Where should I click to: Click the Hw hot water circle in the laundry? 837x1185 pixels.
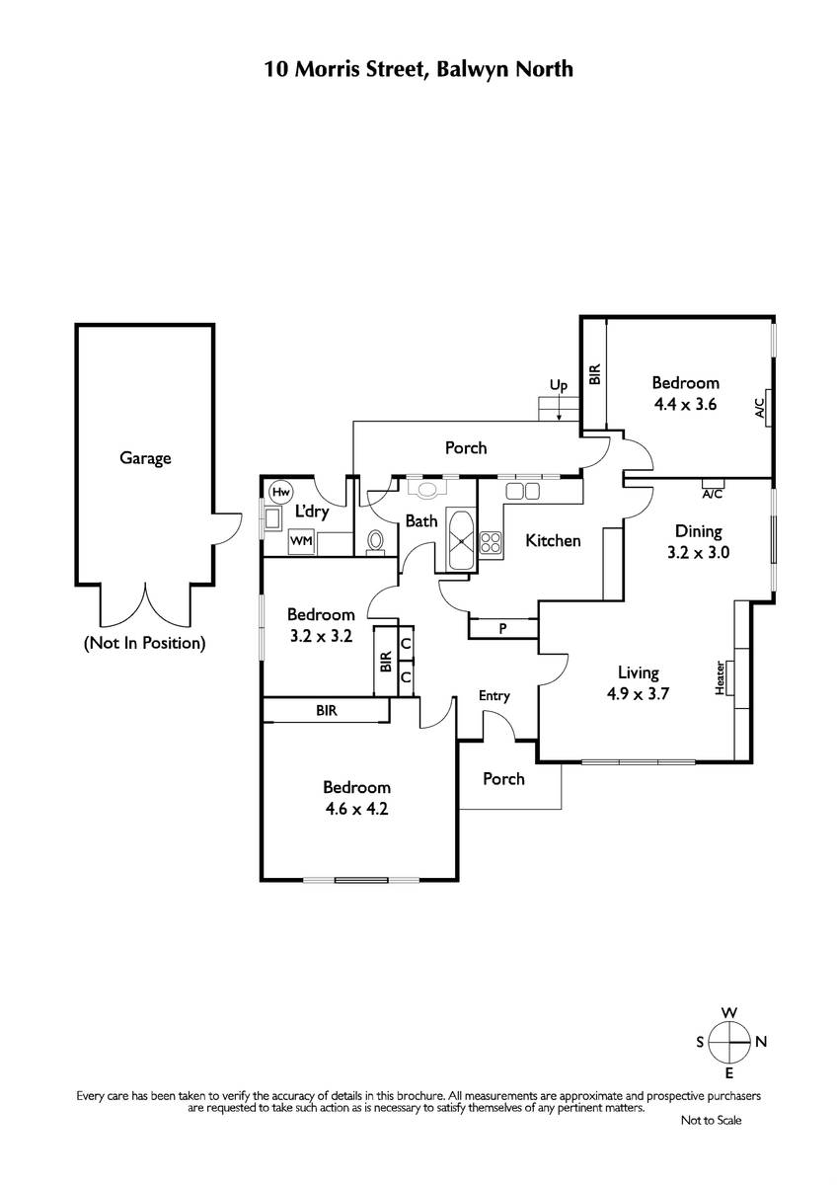pos(280,493)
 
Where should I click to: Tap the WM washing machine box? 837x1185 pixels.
pos(301,542)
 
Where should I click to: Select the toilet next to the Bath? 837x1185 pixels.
pos(376,542)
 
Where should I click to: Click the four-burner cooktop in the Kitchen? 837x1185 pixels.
pos(492,543)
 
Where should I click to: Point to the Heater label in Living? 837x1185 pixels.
pos(720,677)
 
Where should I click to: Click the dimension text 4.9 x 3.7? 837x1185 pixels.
pos(638,693)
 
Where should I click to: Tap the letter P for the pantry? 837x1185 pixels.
pos(502,628)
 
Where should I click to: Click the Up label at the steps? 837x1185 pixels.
pos(559,385)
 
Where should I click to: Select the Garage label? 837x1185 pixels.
pos(145,458)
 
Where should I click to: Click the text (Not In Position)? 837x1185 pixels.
pos(145,643)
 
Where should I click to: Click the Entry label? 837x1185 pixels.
pos(494,696)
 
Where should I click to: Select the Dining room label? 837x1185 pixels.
pos(699,531)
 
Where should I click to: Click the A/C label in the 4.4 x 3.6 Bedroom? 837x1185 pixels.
pos(759,408)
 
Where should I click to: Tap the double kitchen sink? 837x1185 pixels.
pos(523,492)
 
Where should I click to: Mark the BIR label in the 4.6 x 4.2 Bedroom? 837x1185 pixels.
pos(327,710)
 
